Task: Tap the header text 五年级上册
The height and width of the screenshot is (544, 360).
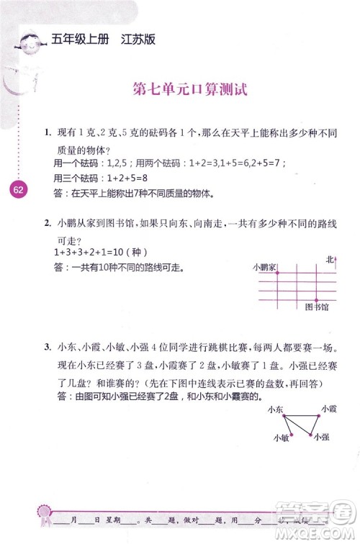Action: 79,40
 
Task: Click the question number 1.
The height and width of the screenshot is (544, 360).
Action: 47,132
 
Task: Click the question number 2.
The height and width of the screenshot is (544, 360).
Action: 47,224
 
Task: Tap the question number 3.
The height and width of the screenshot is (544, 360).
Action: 47,347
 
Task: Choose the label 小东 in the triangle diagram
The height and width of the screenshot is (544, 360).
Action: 274,409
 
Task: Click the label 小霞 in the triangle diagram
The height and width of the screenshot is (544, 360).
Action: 328,409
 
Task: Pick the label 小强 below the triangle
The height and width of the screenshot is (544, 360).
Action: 322,437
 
